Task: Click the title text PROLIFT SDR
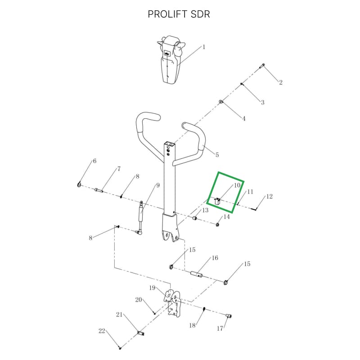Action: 179,14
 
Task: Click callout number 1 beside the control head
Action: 204,47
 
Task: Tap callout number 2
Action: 280,82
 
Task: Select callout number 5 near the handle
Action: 217,155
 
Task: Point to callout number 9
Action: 158,185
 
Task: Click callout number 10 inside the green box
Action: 237,185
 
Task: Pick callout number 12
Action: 269,197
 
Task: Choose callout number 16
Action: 215,258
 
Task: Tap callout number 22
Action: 102,331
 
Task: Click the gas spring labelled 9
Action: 140,217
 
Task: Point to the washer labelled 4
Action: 220,102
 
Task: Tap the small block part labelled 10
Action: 217,201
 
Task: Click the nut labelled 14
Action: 217,224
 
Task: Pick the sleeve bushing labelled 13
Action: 195,217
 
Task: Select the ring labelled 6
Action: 79,184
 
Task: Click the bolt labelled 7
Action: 99,190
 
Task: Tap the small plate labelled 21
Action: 140,333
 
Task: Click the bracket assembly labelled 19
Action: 173,302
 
